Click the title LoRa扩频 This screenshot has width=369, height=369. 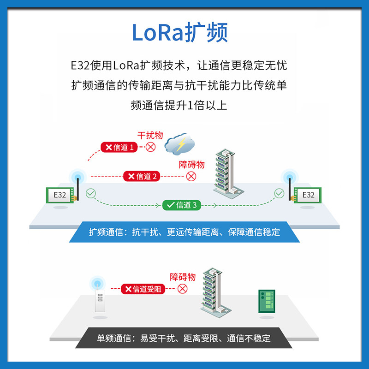click(x=180, y=33)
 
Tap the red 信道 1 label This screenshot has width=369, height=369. click(x=119, y=148)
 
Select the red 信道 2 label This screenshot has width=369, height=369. click(x=142, y=176)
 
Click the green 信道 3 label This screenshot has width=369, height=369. click(x=182, y=205)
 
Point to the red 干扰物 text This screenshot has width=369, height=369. click(x=150, y=135)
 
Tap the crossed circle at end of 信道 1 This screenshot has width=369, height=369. click(x=151, y=148)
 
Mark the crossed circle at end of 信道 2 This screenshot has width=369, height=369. click(x=191, y=176)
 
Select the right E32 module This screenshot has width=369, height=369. click(x=308, y=195)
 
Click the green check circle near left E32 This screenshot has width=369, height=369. click(x=90, y=193)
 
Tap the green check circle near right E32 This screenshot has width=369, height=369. click(x=279, y=193)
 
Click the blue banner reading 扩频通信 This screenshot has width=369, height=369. click(x=184, y=232)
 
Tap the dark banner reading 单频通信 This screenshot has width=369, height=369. click(x=184, y=338)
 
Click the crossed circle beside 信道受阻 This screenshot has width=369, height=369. click(x=183, y=289)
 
